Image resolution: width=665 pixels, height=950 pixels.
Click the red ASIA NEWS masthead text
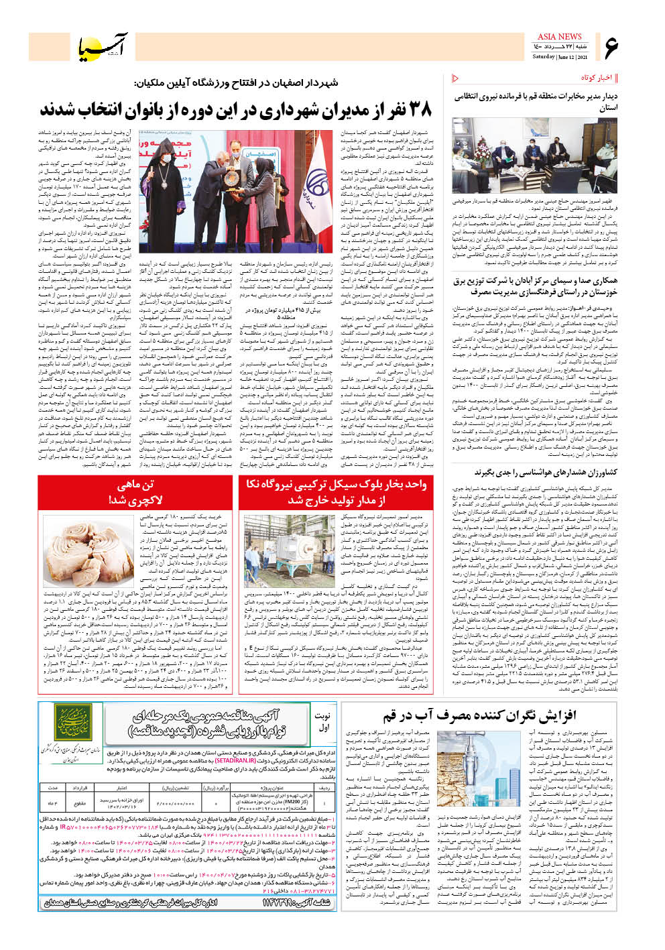click(x=559, y=36)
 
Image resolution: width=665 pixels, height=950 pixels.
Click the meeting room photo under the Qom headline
click(x=534, y=156)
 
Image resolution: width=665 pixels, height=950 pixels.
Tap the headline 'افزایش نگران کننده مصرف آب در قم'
click(x=479, y=716)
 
